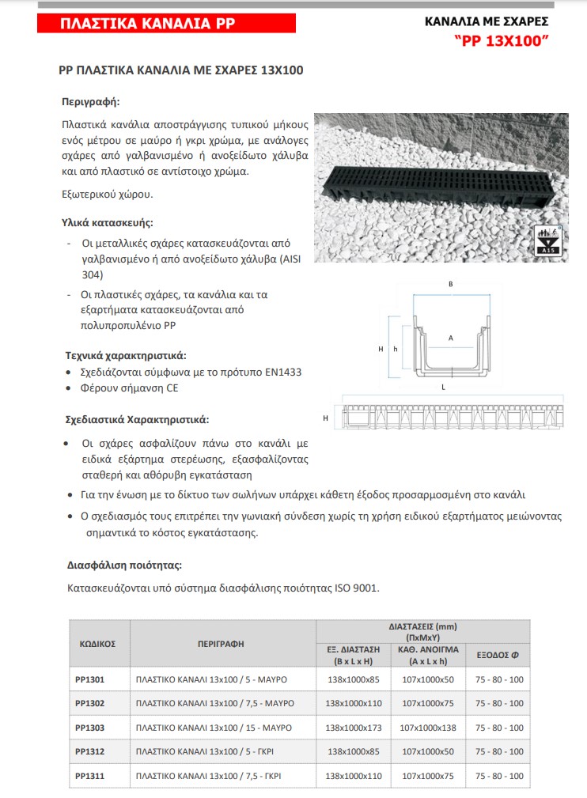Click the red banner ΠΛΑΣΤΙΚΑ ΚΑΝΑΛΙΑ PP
166,25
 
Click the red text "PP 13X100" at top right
501,40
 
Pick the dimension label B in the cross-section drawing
450,283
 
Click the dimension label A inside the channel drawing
450,338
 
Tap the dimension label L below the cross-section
443,388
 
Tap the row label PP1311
89,777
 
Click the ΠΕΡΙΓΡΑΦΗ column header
222,644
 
